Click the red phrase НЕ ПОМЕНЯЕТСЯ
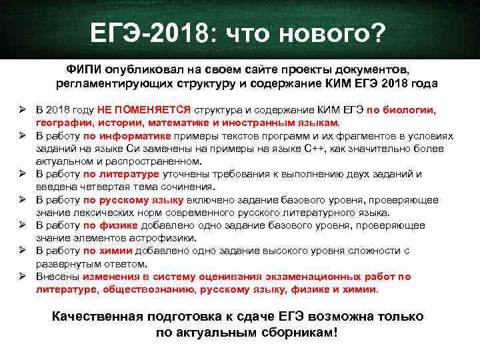[x=144, y=111]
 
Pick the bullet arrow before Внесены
[x=22, y=276]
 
